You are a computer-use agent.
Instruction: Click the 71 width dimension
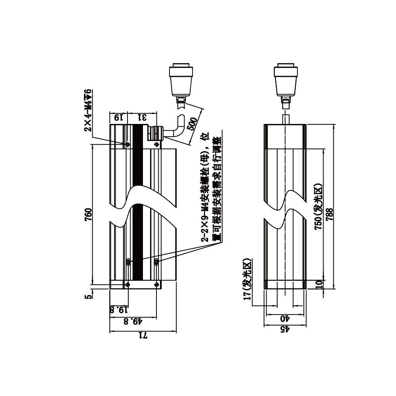[143, 336]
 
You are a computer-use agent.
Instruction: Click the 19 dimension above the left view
[118, 117]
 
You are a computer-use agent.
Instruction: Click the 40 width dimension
[284, 318]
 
